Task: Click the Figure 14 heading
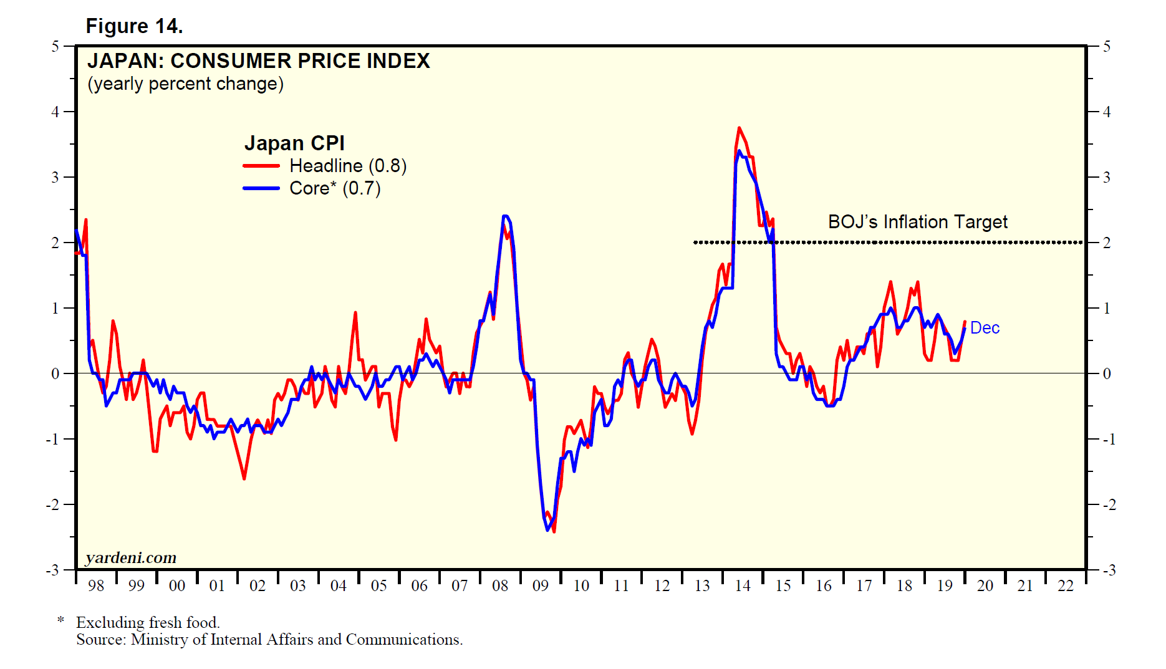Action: pos(134,26)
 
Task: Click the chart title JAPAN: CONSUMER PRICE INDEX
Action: pos(258,61)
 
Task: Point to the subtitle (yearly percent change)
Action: pos(185,84)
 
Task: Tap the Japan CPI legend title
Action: pos(294,143)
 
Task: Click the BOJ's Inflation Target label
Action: pos(917,222)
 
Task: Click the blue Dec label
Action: pos(985,328)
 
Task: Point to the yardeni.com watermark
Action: pos(131,557)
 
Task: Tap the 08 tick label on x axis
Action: pos(500,586)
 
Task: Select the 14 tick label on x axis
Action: pos(743,586)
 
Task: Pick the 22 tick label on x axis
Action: pos(1066,586)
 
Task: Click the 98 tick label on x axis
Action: pos(96,586)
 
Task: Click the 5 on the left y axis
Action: pos(55,47)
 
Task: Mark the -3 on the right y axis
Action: pos(1108,570)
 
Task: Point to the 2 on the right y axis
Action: pos(1107,243)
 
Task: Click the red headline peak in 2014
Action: pos(739,128)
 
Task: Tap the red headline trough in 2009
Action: pos(554,531)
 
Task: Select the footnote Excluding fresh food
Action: pos(148,622)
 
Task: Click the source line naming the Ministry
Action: pos(269,640)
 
